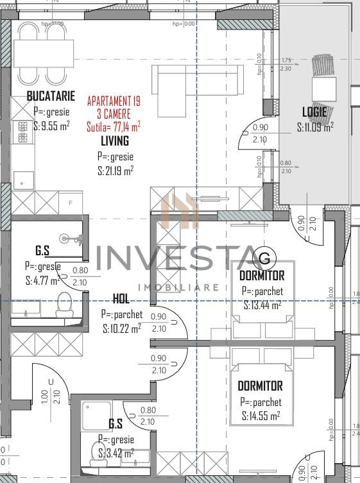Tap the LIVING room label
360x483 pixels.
115,140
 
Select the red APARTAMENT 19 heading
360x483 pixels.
114,101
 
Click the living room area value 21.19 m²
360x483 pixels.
116,171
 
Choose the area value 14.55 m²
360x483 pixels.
261,416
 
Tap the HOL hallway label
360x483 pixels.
121,299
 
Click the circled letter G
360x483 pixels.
264,258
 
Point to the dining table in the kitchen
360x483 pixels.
45,50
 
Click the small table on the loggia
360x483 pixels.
324,86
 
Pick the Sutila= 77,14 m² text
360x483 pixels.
114,127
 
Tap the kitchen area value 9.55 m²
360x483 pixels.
51,126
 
